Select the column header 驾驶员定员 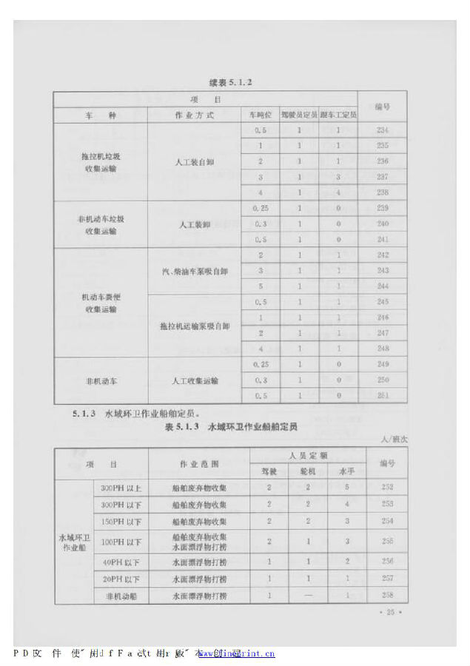click(299, 115)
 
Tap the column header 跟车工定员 click(338, 115)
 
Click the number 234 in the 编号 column click(382, 131)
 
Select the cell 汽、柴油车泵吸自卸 click(195, 271)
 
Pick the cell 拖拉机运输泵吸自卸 click(195, 326)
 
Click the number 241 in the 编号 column click(382, 240)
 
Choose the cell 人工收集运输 click(195, 380)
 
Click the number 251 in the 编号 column click(382, 396)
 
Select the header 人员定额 click(308, 457)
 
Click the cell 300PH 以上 click(121, 488)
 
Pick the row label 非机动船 click(121, 596)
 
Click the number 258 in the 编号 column click(386, 596)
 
